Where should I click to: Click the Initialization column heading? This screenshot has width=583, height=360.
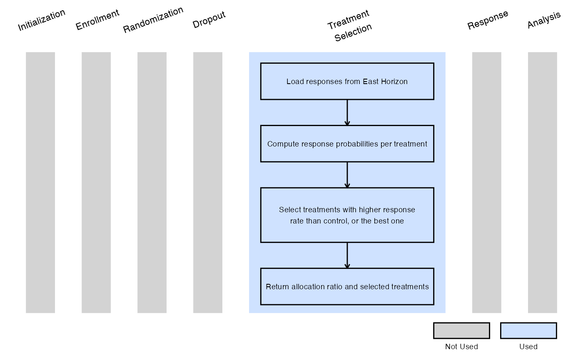click(x=41, y=20)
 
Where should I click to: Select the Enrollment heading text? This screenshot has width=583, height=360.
click(x=97, y=20)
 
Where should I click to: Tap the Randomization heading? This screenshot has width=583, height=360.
click(x=153, y=20)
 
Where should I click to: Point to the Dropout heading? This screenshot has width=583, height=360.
click(x=209, y=20)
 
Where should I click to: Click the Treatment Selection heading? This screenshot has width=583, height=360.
click(x=349, y=25)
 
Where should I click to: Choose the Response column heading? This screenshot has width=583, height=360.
click(x=488, y=20)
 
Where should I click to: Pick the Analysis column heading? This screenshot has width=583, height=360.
click(x=544, y=20)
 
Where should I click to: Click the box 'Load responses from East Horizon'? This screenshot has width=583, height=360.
click(x=347, y=81)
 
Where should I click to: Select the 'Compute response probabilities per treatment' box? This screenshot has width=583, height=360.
click(x=347, y=144)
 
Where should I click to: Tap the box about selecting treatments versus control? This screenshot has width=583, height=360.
click(x=347, y=215)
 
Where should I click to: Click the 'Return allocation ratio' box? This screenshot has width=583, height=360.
click(x=347, y=286)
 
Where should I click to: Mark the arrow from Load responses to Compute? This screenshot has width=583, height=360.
click(x=347, y=113)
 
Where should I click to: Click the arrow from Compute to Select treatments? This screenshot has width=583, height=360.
click(x=347, y=175)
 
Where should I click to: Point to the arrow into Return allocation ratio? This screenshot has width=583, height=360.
click(x=347, y=256)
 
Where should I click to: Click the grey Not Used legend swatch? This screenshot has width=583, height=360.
click(x=461, y=330)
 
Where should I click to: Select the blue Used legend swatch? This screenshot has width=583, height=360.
click(x=528, y=330)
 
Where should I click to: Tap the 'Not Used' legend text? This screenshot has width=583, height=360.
click(x=461, y=346)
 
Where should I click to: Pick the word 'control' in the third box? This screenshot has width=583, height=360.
click(x=335, y=221)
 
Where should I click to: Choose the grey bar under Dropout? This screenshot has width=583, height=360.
click(x=208, y=182)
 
